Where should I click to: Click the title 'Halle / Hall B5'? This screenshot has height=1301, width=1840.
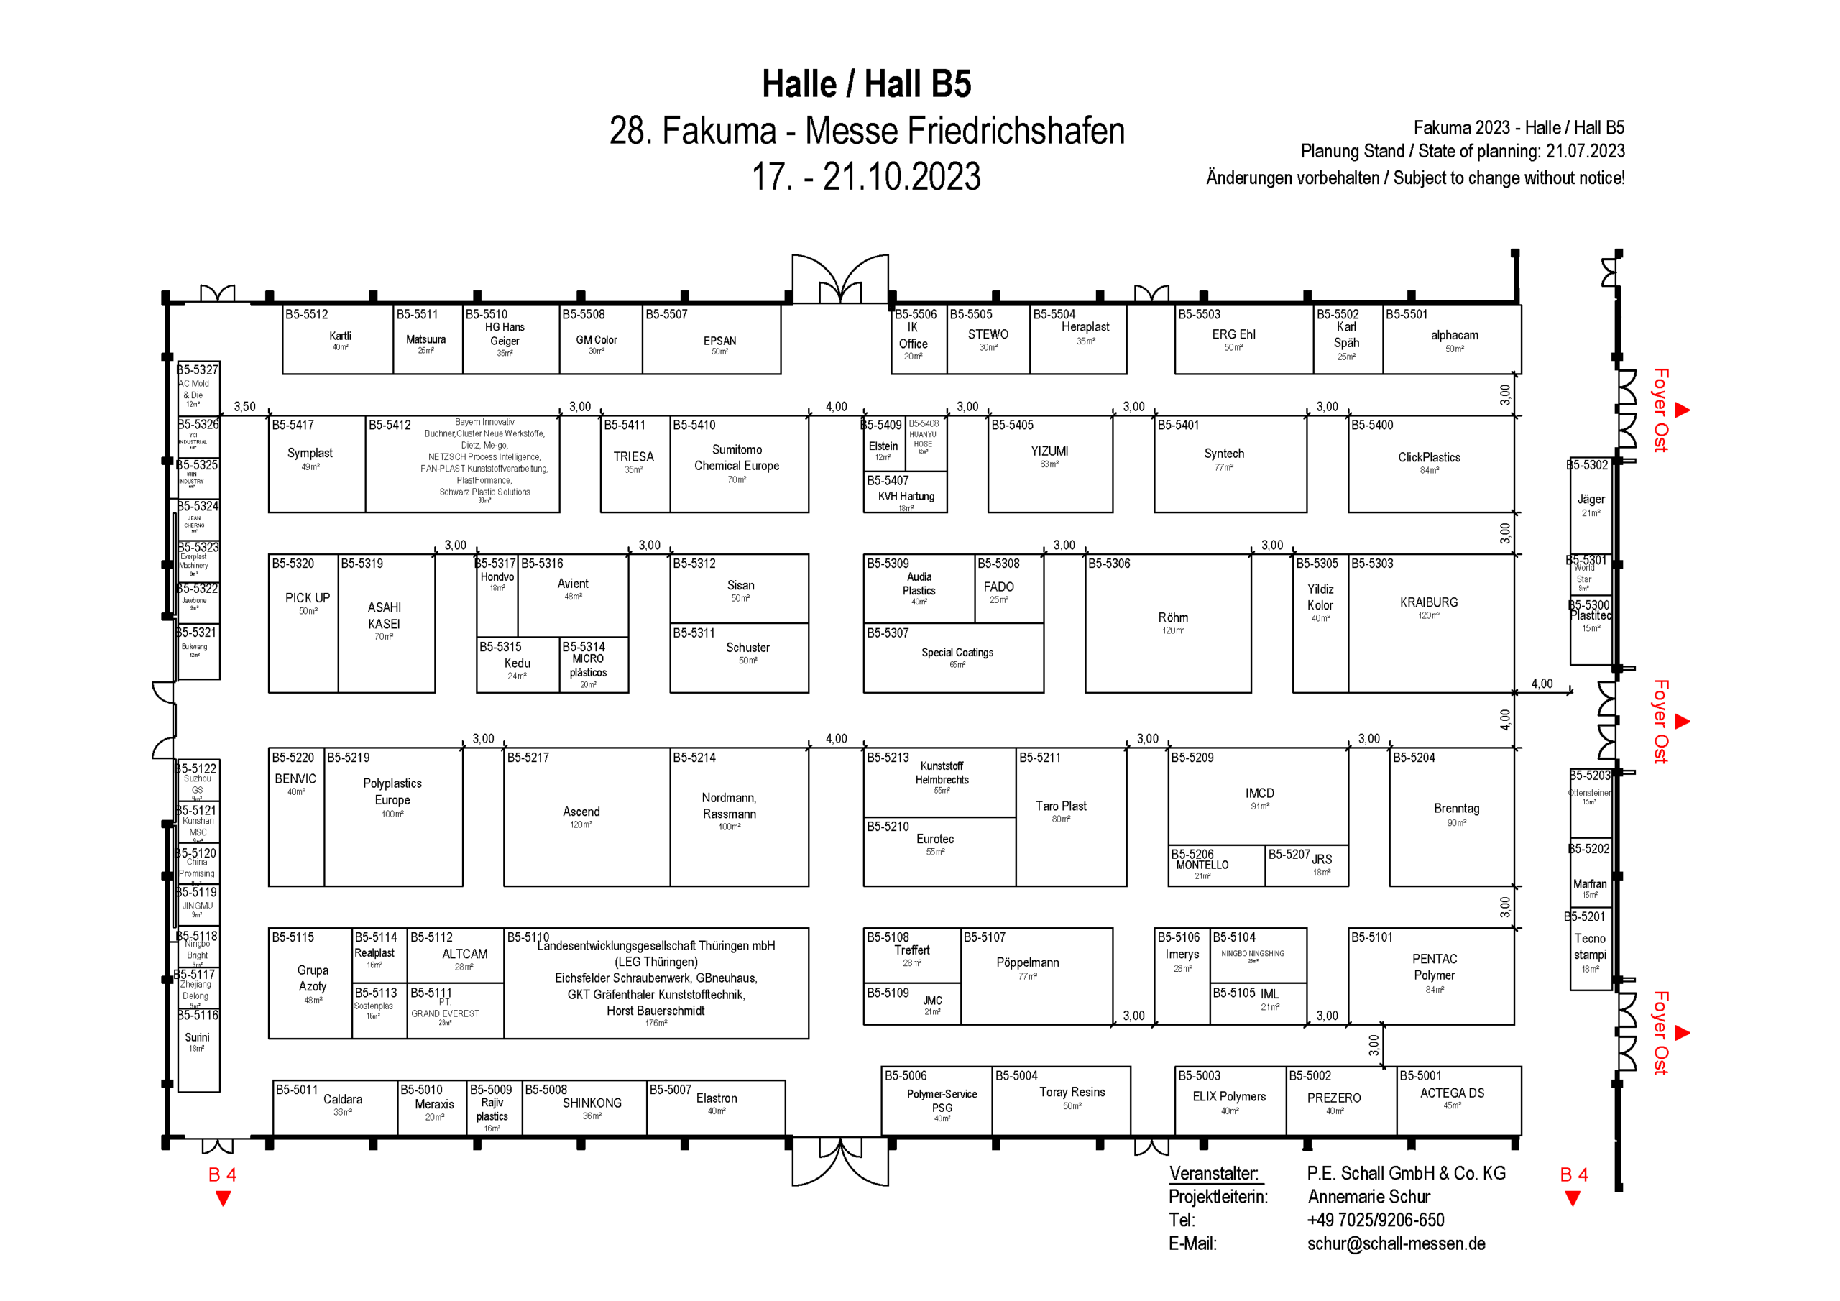coord(866,84)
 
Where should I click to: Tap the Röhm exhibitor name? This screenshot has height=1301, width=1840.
coord(1172,617)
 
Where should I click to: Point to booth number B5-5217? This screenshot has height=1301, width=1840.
coord(528,758)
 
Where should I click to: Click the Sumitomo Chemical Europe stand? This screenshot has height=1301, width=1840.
coord(738,464)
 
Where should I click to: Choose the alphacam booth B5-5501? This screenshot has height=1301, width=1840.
coord(1452,340)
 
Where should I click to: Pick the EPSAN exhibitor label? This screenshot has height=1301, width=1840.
coord(719,341)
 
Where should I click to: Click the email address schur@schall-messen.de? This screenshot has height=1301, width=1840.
coord(1396,1243)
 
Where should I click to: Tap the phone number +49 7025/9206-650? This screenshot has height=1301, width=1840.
coord(1375,1219)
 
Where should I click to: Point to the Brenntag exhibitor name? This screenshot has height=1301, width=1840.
coord(1456,808)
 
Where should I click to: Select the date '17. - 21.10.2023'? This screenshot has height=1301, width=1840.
coord(865,177)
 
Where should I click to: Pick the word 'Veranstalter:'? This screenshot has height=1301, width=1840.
coord(1213,1173)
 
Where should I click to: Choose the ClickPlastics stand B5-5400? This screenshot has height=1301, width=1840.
coord(1430,464)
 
